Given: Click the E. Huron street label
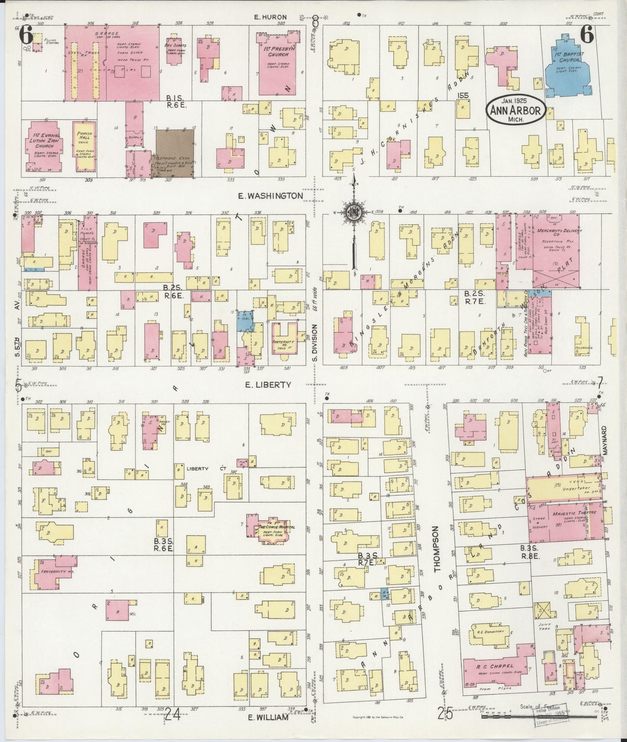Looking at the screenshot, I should click(x=270, y=17).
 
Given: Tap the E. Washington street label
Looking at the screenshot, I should click(x=270, y=196).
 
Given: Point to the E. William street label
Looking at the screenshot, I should click(x=268, y=717).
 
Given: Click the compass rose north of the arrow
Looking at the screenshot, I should click(x=354, y=212).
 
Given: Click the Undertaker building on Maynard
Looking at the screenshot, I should click(x=563, y=487).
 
